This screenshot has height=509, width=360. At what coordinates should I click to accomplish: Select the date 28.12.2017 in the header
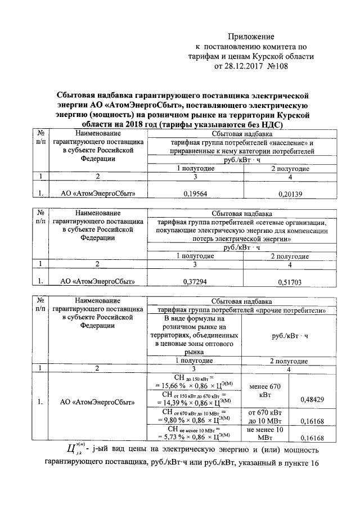[x=251, y=66]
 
